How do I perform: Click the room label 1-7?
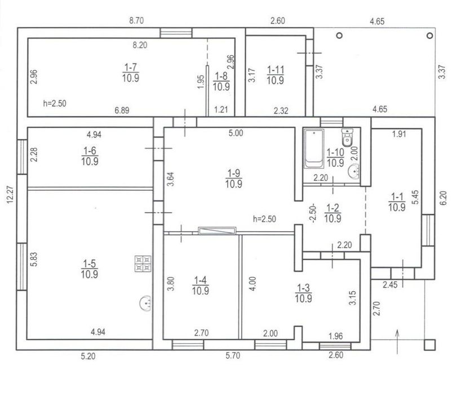tap(131, 68)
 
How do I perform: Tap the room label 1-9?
tap(234, 173)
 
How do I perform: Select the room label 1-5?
tap(90, 263)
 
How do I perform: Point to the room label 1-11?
tap(276, 70)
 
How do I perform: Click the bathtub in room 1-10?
tap(314, 149)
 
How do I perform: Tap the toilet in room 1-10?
tap(347, 137)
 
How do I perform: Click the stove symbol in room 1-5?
tap(143, 263)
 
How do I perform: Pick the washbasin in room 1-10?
tap(354, 171)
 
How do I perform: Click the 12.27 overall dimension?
tap(10, 194)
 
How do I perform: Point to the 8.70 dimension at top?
tap(136, 21)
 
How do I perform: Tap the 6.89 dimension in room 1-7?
tap(122, 110)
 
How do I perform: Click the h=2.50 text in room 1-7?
tap(55, 104)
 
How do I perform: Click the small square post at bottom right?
tap(429, 344)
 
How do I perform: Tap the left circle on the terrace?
tap(340, 35)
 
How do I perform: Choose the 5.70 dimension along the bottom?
tap(233, 356)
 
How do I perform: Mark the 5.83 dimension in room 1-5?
tap(34, 259)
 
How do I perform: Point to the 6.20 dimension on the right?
tap(444, 198)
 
